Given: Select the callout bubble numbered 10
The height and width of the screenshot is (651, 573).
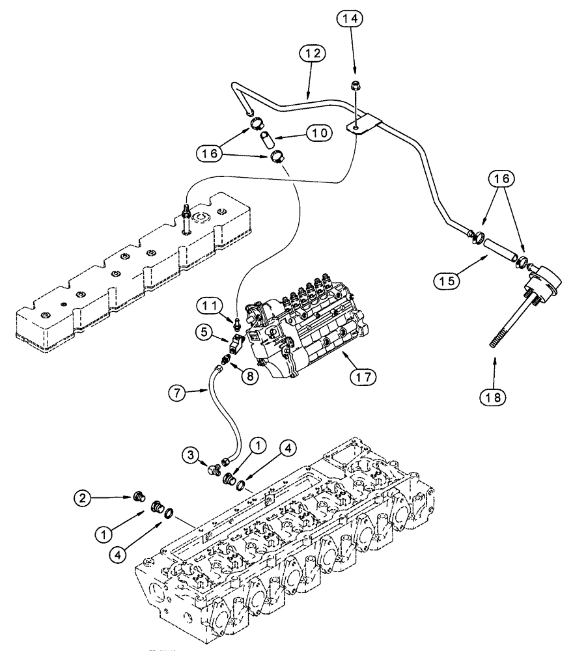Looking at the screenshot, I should [x=318, y=132].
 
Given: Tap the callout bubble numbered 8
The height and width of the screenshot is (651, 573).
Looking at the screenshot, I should [x=248, y=375].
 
